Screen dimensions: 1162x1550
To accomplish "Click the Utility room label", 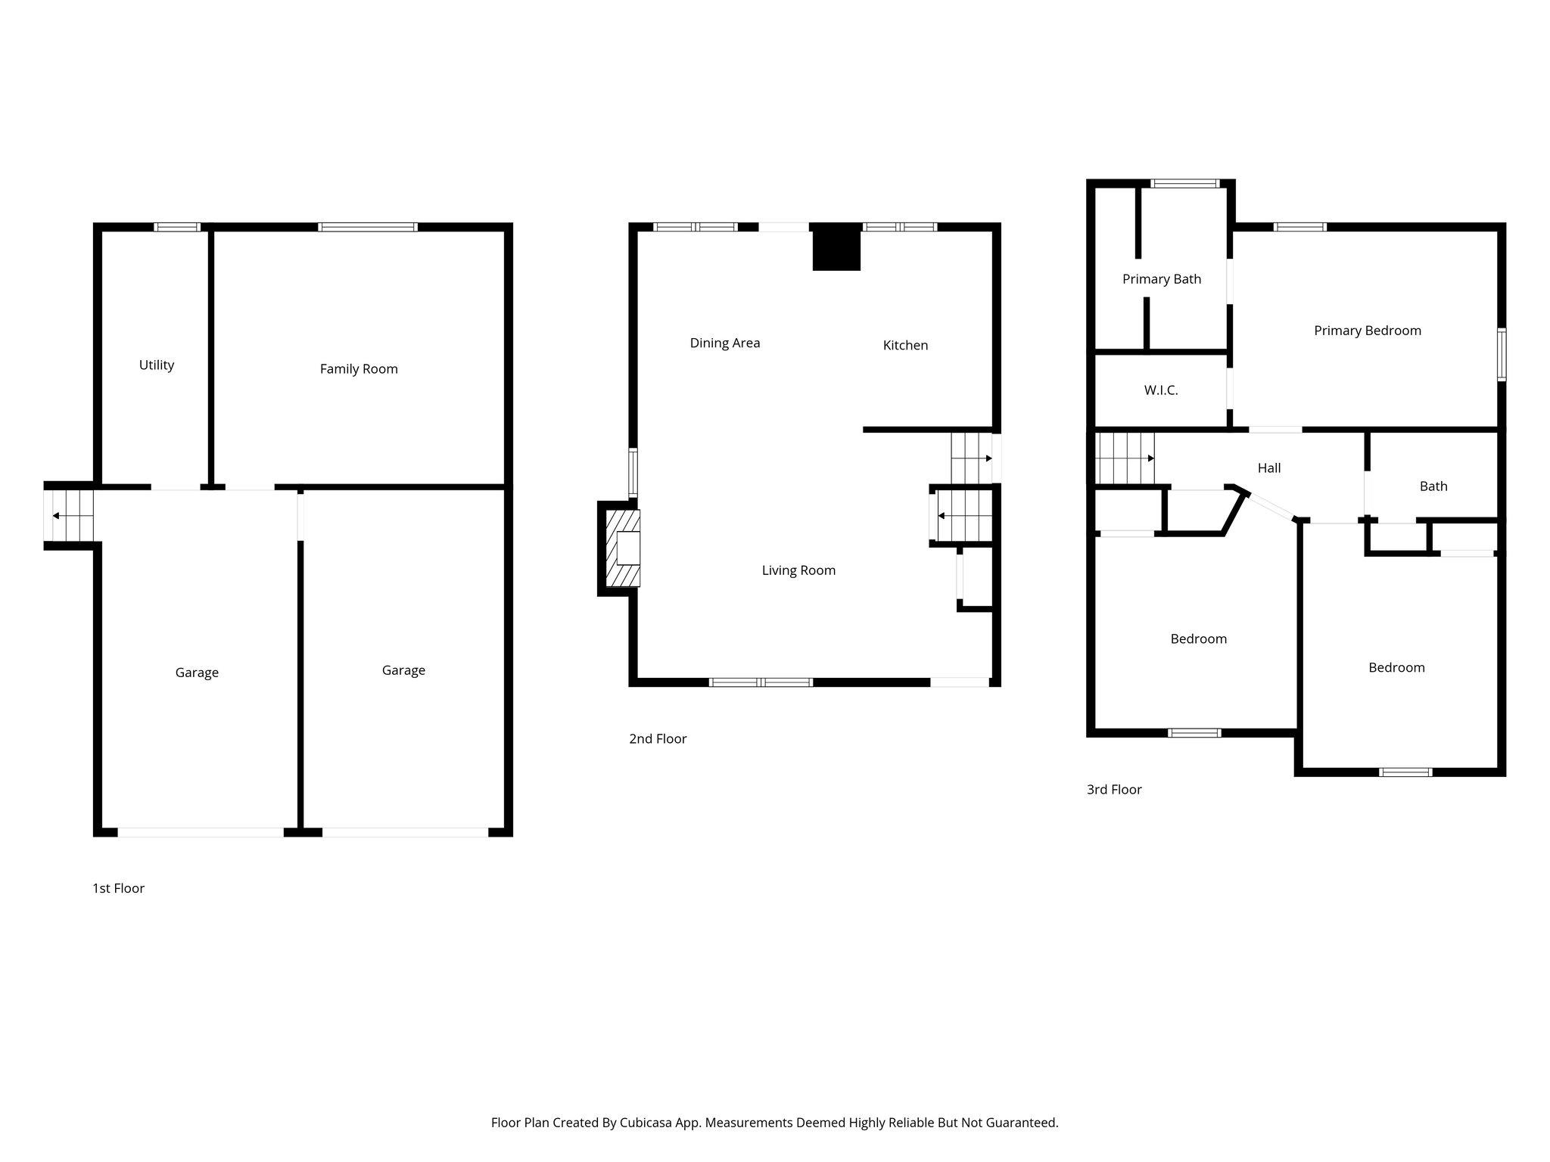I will [157, 365].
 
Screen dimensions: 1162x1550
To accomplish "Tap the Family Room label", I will [359, 369].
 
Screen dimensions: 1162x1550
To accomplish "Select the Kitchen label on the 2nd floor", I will [905, 346].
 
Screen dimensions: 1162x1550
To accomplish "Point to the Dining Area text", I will [724, 343].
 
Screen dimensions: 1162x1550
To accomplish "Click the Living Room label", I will [798, 570].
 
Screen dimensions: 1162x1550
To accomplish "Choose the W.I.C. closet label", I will [1160, 391].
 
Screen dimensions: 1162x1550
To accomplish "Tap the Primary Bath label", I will [1161, 279].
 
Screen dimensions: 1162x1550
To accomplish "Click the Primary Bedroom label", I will [1367, 331].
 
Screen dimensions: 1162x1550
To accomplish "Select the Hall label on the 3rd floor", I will [1269, 468].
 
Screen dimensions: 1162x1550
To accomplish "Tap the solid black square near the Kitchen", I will [836, 247].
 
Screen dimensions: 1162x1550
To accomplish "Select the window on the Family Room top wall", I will [367, 227].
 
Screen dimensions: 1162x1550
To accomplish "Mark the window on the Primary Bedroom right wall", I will [1502, 354].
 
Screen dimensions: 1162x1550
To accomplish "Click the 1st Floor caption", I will [118, 888].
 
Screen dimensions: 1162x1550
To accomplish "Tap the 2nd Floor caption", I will [657, 739].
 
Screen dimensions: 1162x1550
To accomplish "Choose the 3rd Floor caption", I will [1114, 790].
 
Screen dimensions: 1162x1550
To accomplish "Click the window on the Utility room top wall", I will [177, 227].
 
